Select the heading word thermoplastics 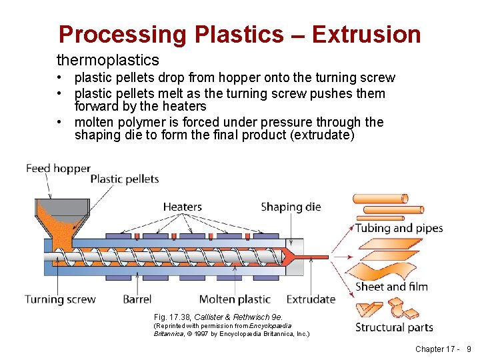108,61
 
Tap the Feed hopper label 58,168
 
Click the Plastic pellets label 124,178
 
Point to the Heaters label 182,207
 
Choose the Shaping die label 291,207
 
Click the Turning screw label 60,299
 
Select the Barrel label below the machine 137,299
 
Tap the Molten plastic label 235,299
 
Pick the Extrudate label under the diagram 311,299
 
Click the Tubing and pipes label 399,228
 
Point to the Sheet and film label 391,287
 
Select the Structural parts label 394,327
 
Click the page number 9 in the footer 469,349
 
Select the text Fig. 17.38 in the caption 171,317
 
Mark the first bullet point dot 60,79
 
